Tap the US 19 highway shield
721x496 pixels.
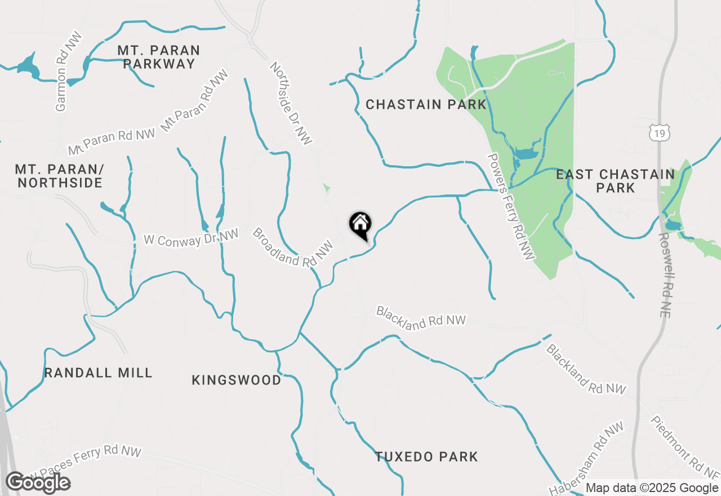pyautogui.click(x=659, y=133)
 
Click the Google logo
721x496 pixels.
pyautogui.click(x=38, y=482)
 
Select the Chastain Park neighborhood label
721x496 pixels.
pyautogui.click(x=426, y=104)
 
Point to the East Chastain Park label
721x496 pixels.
pyautogui.click(x=615, y=181)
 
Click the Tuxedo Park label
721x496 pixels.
pyautogui.click(x=427, y=457)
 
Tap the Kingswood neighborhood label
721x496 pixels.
pyautogui.click(x=237, y=380)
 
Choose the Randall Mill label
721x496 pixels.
pyautogui.click(x=99, y=373)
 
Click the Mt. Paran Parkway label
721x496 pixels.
pyautogui.click(x=159, y=57)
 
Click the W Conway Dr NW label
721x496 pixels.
pyautogui.click(x=192, y=237)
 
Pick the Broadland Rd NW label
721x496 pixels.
pyautogui.click(x=289, y=247)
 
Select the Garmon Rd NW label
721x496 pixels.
pyautogui.click(x=68, y=71)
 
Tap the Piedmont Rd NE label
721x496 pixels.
pyautogui.click(x=684, y=448)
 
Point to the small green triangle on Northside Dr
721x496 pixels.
pyautogui.click(x=326, y=188)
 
